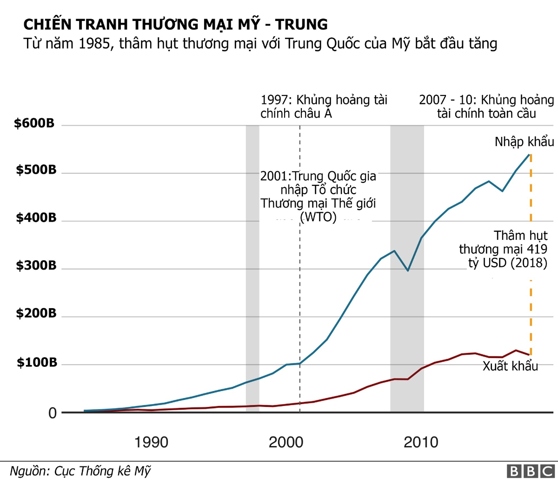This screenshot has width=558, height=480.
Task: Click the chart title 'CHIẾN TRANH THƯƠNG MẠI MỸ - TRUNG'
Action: click(175, 24)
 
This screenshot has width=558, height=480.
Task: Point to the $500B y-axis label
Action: click(36, 170)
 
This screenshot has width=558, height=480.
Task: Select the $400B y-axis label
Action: click(36, 218)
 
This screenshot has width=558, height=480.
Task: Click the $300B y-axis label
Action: click(36, 266)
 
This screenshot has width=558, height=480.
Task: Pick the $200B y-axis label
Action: click(36, 314)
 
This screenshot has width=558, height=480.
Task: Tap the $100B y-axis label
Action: click(36, 363)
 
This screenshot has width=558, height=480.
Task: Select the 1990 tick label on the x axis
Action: click(152, 442)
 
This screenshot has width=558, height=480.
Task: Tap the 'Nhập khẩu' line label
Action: click(525, 142)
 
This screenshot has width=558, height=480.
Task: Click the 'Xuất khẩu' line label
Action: click(510, 366)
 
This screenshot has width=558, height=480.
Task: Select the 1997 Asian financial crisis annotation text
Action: click(324, 107)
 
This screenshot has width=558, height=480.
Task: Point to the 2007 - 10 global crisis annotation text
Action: click(486, 107)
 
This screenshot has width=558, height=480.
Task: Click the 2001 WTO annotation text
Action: click(318, 197)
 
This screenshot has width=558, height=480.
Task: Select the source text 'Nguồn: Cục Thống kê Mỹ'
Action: click(80, 470)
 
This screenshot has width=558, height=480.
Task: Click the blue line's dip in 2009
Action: click(408, 270)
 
